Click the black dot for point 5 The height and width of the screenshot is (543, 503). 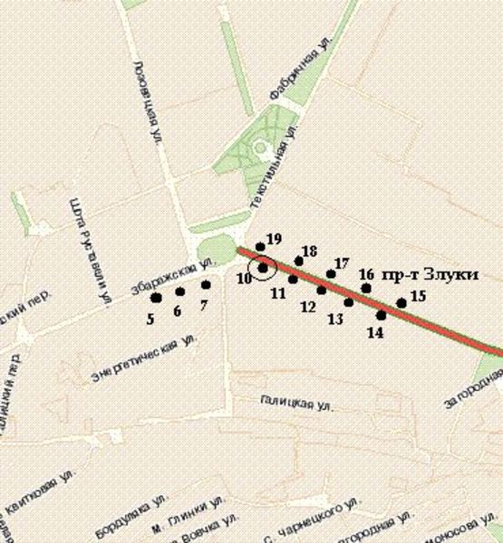point(156,298)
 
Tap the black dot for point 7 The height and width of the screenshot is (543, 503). point(206,285)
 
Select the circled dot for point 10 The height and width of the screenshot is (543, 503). point(263,268)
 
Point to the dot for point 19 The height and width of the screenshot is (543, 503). point(260,246)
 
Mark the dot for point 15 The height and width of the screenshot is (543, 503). point(401,303)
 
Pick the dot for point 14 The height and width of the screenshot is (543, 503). point(381,315)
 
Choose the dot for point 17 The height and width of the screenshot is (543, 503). point(331,273)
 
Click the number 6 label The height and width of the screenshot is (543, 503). point(177,311)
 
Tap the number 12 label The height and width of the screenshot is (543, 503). point(307,308)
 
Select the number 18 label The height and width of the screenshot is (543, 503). point(309,251)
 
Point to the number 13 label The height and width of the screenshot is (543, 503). point(334,319)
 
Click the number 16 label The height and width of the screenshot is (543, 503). point(366,274)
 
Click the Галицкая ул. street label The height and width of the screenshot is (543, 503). point(291,403)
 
